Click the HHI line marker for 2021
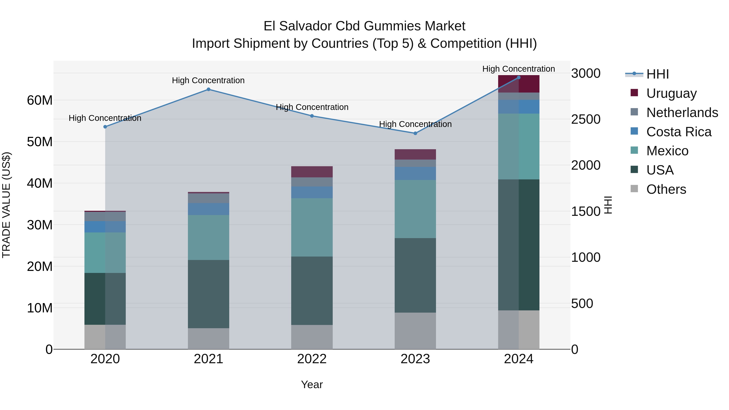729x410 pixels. [x=208, y=89]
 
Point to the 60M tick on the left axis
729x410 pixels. [x=40, y=100]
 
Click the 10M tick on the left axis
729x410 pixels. [x=40, y=308]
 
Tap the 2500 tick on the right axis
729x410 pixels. [x=585, y=119]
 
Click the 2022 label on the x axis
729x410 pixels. [x=312, y=359]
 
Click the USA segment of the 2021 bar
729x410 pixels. [x=208, y=294]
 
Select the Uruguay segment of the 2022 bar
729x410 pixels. [x=312, y=172]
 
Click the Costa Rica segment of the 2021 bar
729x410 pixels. [x=208, y=209]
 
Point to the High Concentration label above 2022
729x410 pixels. [x=312, y=107]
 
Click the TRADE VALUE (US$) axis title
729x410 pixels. [x=6, y=205]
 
